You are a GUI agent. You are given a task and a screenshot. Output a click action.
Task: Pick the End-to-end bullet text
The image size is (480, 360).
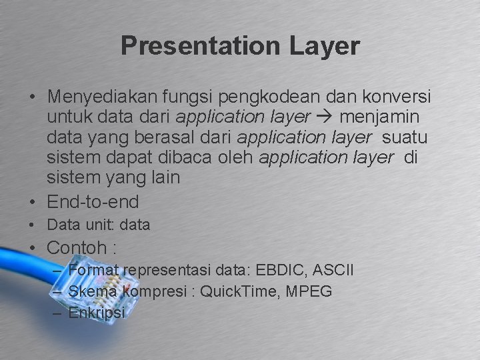(93, 201)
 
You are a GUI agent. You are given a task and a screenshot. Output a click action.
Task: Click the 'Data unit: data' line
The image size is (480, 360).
(99, 225)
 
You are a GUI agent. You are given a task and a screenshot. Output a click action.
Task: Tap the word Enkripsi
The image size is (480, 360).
(97, 312)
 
